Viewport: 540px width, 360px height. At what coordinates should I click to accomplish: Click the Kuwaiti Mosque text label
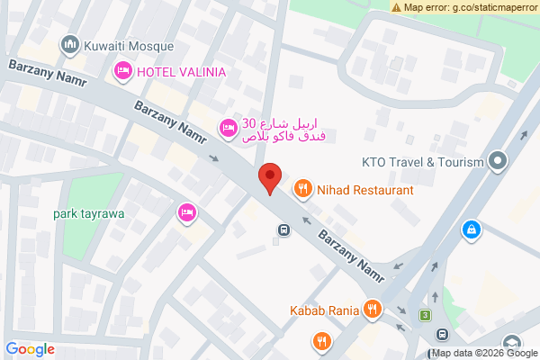[124, 44]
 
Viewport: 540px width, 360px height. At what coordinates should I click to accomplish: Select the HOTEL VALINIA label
[181, 71]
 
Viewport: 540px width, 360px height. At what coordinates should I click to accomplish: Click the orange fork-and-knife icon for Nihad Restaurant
[302, 190]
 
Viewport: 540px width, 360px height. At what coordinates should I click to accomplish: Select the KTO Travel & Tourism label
[423, 163]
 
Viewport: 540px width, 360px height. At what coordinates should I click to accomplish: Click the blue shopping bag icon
[470, 230]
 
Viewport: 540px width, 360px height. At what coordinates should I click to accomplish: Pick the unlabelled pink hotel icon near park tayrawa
[186, 213]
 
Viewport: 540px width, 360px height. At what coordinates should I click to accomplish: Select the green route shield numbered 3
[424, 315]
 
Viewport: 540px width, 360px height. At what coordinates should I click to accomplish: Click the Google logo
[30, 349]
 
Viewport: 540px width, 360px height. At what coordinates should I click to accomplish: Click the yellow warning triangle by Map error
[397, 7]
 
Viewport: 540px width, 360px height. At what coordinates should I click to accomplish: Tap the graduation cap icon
[512, 344]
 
